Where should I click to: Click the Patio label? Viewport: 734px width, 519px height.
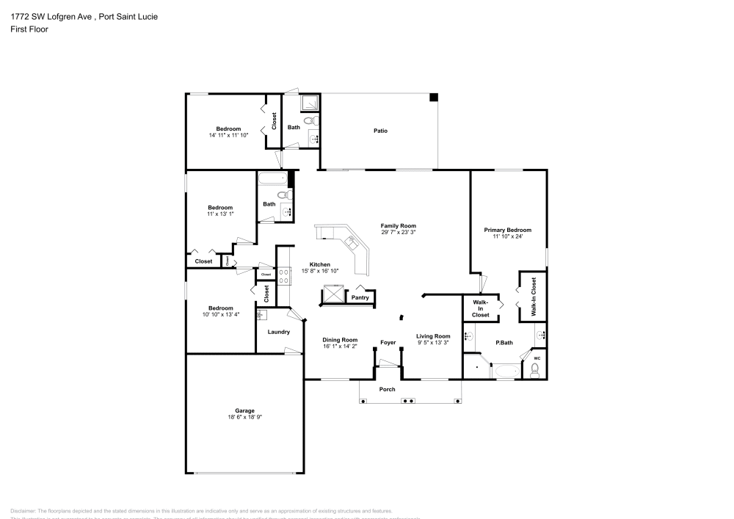click(380, 131)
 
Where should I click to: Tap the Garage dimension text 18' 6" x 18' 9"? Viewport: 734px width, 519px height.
click(244, 417)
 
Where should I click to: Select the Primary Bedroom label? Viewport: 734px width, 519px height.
click(507, 230)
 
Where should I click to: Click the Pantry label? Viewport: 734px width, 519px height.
click(360, 297)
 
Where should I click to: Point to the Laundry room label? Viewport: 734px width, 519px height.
click(279, 332)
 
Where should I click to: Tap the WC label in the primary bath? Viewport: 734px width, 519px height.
click(537, 359)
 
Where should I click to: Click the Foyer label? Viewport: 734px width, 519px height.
click(388, 343)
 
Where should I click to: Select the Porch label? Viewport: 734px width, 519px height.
click(387, 389)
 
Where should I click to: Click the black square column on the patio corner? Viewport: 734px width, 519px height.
click(434, 97)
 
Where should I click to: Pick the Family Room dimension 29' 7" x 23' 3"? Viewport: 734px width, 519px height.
click(399, 232)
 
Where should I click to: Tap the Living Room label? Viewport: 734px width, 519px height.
click(432, 336)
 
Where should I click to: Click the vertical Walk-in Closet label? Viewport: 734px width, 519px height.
click(534, 297)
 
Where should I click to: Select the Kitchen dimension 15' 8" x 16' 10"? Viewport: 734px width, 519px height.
click(319, 270)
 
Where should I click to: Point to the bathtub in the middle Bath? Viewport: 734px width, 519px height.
click(272, 178)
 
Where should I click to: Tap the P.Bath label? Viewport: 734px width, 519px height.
click(504, 343)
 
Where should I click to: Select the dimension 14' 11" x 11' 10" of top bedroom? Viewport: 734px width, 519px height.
click(229, 135)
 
